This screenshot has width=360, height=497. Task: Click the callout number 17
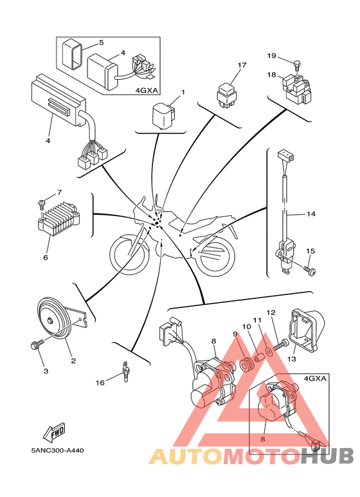(242, 66)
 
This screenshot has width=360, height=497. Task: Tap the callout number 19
(271, 56)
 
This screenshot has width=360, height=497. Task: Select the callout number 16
(100, 383)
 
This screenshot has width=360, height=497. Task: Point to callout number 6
(46, 257)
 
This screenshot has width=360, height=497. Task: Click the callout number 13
(292, 359)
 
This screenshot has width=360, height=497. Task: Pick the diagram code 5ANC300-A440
(57, 450)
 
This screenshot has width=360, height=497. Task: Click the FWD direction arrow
(54, 433)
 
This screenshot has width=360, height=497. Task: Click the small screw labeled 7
(41, 204)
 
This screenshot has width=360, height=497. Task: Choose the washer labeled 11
(269, 351)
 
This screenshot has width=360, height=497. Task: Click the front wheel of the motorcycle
(130, 255)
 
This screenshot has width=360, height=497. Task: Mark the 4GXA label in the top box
(147, 91)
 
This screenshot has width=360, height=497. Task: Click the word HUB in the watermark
(327, 455)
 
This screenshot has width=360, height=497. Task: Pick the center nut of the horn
(50, 320)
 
